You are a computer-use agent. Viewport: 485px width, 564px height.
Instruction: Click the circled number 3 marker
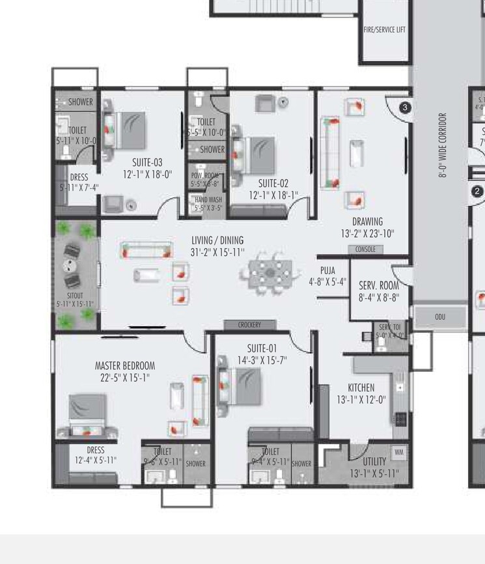405,107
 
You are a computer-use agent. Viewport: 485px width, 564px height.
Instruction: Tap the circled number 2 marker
477,191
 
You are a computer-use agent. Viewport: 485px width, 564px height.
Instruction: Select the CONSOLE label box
365,249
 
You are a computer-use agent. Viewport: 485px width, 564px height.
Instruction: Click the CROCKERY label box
250,324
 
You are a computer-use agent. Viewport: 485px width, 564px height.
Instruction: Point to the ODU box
440,317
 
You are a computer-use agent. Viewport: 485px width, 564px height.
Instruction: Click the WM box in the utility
398,451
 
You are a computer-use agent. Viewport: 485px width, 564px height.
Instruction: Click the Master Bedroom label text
125,365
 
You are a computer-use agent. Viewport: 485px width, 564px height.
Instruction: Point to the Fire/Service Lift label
385,29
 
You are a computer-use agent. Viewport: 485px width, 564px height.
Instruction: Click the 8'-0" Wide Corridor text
443,145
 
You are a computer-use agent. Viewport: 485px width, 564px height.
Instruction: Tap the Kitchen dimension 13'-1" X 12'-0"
361,399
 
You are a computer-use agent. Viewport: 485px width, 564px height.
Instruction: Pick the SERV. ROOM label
378,285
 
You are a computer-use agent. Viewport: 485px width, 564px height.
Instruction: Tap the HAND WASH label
208,200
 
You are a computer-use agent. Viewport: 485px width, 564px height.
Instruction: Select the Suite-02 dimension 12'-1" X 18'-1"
273,195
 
